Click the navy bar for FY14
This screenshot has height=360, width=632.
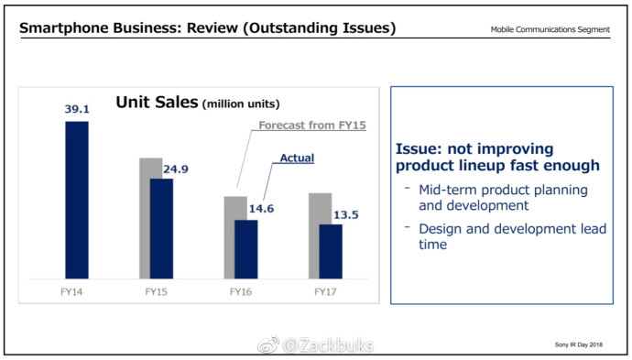[x=77, y=200]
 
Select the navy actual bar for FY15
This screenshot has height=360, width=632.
[x=161, y=229]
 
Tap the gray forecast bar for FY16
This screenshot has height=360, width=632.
[x=230, y=237]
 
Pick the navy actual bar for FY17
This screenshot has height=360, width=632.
[x=331, y=252]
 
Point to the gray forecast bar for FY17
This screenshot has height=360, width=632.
[x=314, y=235]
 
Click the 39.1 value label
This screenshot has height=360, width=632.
[x=77, y=109]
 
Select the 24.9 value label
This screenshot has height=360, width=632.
[x=176, y=169]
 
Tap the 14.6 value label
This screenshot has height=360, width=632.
[x=261, y=209]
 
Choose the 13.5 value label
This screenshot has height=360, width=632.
[x=346, y=215]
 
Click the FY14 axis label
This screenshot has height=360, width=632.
[x=71, y=292]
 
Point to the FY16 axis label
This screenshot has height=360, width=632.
[x=241, y=292]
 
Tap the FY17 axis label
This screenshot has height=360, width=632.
[x=325, y=292]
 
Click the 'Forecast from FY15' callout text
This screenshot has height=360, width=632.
[x=312, y=125]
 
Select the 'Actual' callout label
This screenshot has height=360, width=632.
[x=297, y=158]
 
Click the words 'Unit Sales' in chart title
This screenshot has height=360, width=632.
[x=157, y=102]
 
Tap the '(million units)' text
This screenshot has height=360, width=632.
[x=241, y=104]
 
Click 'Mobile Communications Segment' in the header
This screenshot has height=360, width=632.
[x=550, y=29]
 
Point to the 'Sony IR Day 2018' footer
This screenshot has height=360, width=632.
[x=579, y=344]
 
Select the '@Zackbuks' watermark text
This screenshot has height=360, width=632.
[x=328, y=345]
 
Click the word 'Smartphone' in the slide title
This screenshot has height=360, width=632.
[x=64, y=28]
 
